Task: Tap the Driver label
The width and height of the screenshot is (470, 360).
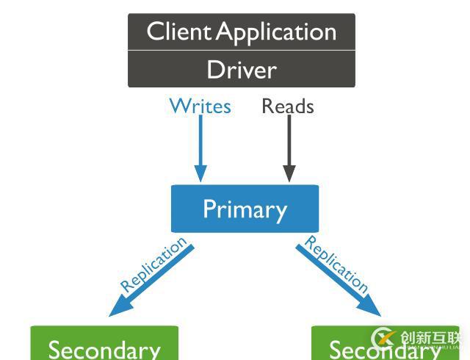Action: click(242, 70)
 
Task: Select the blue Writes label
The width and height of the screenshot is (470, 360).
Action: click(200, 107)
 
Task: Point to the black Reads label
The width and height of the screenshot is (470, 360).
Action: click(288, 107)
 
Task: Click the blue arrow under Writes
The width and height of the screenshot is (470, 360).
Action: click(200, 143)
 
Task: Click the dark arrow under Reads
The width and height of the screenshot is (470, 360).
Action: click(289, 143)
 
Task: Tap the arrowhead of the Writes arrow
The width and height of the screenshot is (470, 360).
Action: click(200, 174)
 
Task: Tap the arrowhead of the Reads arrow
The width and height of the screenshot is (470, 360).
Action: click(289, 174)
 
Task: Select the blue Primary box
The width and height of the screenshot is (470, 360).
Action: click(245, 209)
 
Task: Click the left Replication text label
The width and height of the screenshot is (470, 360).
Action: click(153, 265)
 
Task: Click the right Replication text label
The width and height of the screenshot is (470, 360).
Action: click(336, 264)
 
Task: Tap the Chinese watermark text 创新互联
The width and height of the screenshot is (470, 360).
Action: click(430, 337)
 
